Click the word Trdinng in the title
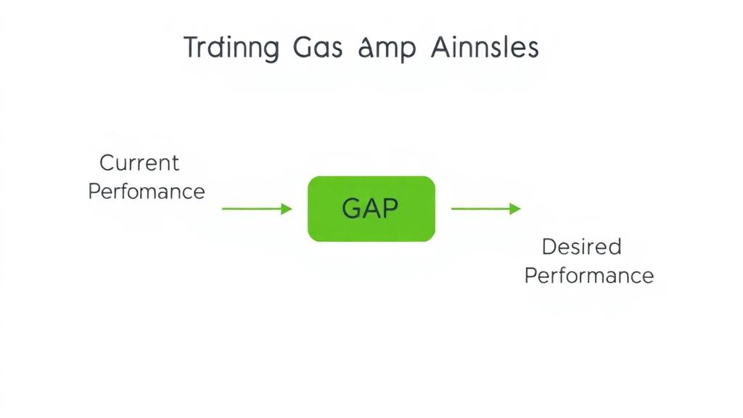pyautogui.click(x=231, y=49)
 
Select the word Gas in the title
pyautogui.click(x=314, y=48)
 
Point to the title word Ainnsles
pyautogui.click(x=484, y=48)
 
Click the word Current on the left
pyautogui.click(x=139, y=163)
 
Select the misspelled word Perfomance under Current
pyautogui.click(x=146, y=192)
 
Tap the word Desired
pyautogui.click(x=582, y=247)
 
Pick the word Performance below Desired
pyautogui.click(x=588, y=276)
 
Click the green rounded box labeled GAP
pyautogui.click(x=371, y=209)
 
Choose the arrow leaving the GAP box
pyautogui.click(x=485, y=209)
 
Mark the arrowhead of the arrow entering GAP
pyautogui.click(x=287, y=209)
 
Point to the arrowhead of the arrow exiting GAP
pyautogui.click(x=515, y=209)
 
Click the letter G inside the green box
pyautogui.click(x=351, y=209)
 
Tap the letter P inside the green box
pyautogui.click(x=390, y=209)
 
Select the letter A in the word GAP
pyautogui.click(x=370, y=209)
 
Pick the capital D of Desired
pyautogui.click(x=549, y=247)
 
